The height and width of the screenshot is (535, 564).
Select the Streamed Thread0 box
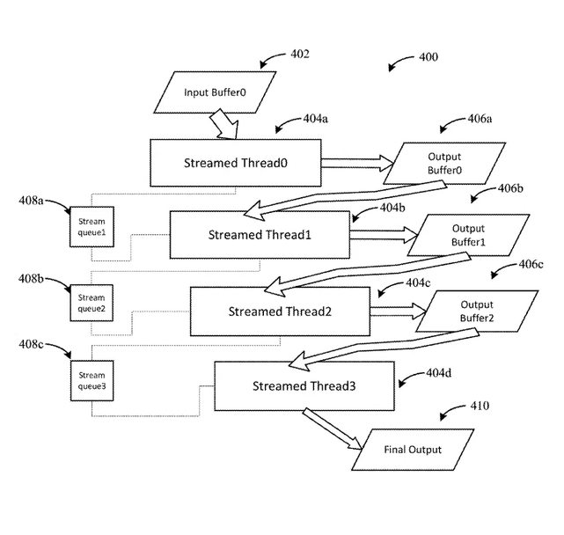tap(235, 163)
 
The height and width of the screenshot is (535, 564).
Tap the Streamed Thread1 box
tap(260, 234)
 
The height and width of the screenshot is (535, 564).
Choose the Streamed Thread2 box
tap(279, 311)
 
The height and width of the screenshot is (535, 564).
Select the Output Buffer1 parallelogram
tap(471, 235)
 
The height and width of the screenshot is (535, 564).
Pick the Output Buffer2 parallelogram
tap(476, 311)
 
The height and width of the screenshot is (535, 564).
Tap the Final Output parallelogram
tap(413, 450)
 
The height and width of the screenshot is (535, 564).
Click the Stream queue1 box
tap(92, 227)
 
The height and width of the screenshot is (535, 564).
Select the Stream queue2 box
tap(92, 303)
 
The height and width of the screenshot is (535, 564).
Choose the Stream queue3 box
tap(92, 378)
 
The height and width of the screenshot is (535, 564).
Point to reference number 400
tap(428, 58)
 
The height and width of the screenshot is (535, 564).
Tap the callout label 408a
tap(31, 202)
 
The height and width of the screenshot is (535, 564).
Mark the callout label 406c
tap(531, 264)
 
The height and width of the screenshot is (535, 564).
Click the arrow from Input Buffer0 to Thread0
tap(226, 125)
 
